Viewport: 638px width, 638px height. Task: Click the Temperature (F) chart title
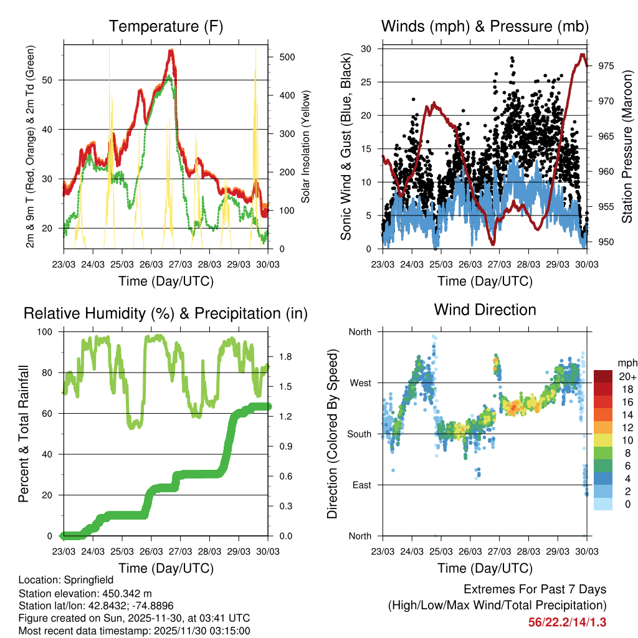point(166,26)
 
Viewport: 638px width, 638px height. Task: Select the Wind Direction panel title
point(485,309)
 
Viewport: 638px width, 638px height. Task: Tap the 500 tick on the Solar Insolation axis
point(287,57)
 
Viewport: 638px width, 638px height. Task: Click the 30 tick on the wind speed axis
point(366,49)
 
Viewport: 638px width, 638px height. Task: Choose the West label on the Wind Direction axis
point(359,383)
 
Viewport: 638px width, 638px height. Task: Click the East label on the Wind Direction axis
point(361,485)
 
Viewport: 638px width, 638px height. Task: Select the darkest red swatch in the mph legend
point(604,376)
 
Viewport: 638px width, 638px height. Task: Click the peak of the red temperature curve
point(171,51)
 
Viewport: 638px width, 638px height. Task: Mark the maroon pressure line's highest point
point(583,54)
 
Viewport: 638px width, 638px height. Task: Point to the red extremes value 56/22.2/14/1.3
point(567,622)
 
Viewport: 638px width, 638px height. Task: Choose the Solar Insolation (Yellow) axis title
point(306,146)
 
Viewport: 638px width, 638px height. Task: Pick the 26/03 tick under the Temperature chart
point(151,264)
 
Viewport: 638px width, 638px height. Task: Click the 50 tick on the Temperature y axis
point(51,80)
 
